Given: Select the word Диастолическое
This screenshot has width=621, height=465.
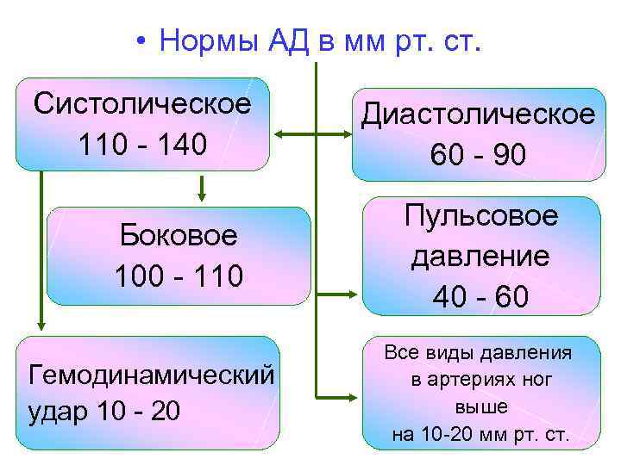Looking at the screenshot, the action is pos(478,115).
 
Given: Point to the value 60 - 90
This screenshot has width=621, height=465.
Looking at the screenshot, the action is pos(478,155).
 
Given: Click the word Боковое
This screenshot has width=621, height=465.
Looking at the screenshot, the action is pos(179,236).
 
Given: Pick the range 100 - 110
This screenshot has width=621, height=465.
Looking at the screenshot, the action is pos(179,276).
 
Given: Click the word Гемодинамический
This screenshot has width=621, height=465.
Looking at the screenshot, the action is pos(152,375).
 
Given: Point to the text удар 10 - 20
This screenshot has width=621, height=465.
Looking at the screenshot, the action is pos(105,412).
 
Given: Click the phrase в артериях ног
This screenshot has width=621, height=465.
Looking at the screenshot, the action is pos(480,379).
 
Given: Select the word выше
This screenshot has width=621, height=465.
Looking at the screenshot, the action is pos(480,406).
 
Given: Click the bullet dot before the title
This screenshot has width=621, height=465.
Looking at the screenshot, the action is pos(139,41).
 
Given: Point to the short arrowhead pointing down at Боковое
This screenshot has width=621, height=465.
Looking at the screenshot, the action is pos(200,195).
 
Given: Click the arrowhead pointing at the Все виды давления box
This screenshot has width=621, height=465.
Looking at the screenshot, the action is pos(350,392).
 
